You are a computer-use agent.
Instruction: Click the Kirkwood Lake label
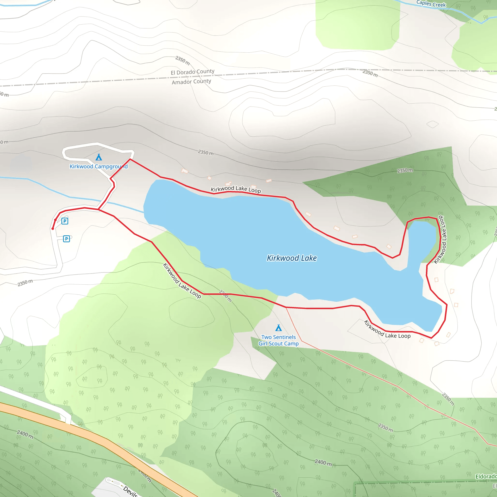(x=292, y=258)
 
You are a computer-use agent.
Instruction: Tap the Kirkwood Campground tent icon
(x=99, y=157)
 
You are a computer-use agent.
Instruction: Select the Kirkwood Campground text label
(x=99, y=166)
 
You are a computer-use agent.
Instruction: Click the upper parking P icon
(x=65, y=221)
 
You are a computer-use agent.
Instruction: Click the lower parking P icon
(x=66, y=239)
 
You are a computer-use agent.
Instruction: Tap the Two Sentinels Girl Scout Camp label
(x=279, y=340)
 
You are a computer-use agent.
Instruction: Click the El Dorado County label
(x=192, y=72)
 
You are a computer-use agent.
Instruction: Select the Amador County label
(x=191, y=82)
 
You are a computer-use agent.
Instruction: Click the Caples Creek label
(x=431, y=4)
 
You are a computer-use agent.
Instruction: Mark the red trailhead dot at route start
(x=53, y=229)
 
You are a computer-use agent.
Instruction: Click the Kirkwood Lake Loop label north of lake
(x=236, y=189)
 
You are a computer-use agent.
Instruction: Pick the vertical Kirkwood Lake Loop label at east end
(x=440, y=240)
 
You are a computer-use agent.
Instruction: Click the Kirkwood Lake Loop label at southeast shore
(x=387, y=330)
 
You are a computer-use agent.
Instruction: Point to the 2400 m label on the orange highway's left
(x=25, y=434)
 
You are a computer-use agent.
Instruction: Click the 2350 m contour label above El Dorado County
(x=183, y=60)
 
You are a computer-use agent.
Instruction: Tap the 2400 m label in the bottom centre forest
(x=323, y=463)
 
